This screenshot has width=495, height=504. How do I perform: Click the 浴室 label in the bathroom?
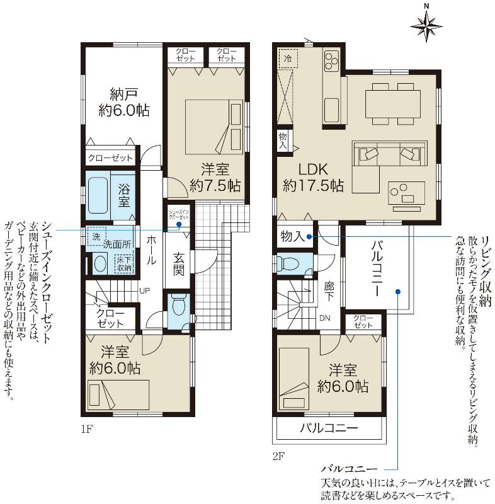[124, 195]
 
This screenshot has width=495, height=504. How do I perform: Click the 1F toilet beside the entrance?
[178, 308]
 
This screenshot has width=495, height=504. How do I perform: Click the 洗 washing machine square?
[96, 236]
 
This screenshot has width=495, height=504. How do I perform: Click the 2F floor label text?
[279, 455]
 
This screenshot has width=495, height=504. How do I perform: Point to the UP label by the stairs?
[144, 290]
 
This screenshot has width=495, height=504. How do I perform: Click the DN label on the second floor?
[324, 318]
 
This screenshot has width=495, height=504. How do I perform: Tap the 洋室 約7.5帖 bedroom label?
[214, 177]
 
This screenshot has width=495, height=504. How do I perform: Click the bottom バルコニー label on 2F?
[329, 428]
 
